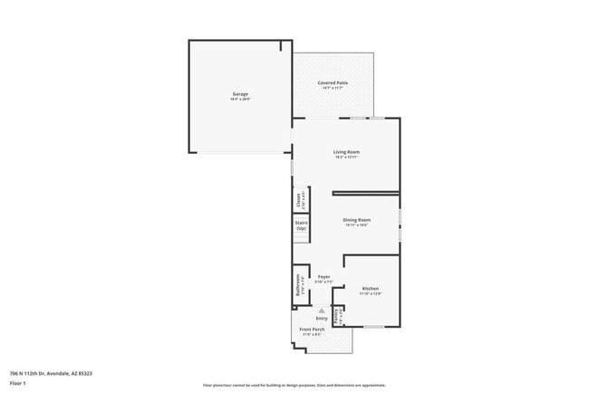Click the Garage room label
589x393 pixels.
point(240,93)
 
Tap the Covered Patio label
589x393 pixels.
point(333,82)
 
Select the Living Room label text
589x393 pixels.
point(347,151)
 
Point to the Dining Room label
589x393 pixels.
point(356,219)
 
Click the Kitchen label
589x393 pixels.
point(370,288)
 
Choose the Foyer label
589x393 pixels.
point(323,276)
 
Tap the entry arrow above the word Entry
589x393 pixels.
point(321,311)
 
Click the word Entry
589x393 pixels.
point(322,318)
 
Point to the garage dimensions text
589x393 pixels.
point(240,99)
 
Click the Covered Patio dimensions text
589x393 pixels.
point(333,88)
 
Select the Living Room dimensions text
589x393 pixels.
point(347,158)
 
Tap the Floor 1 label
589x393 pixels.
point(18,383)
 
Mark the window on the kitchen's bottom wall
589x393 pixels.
point(373,327)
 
